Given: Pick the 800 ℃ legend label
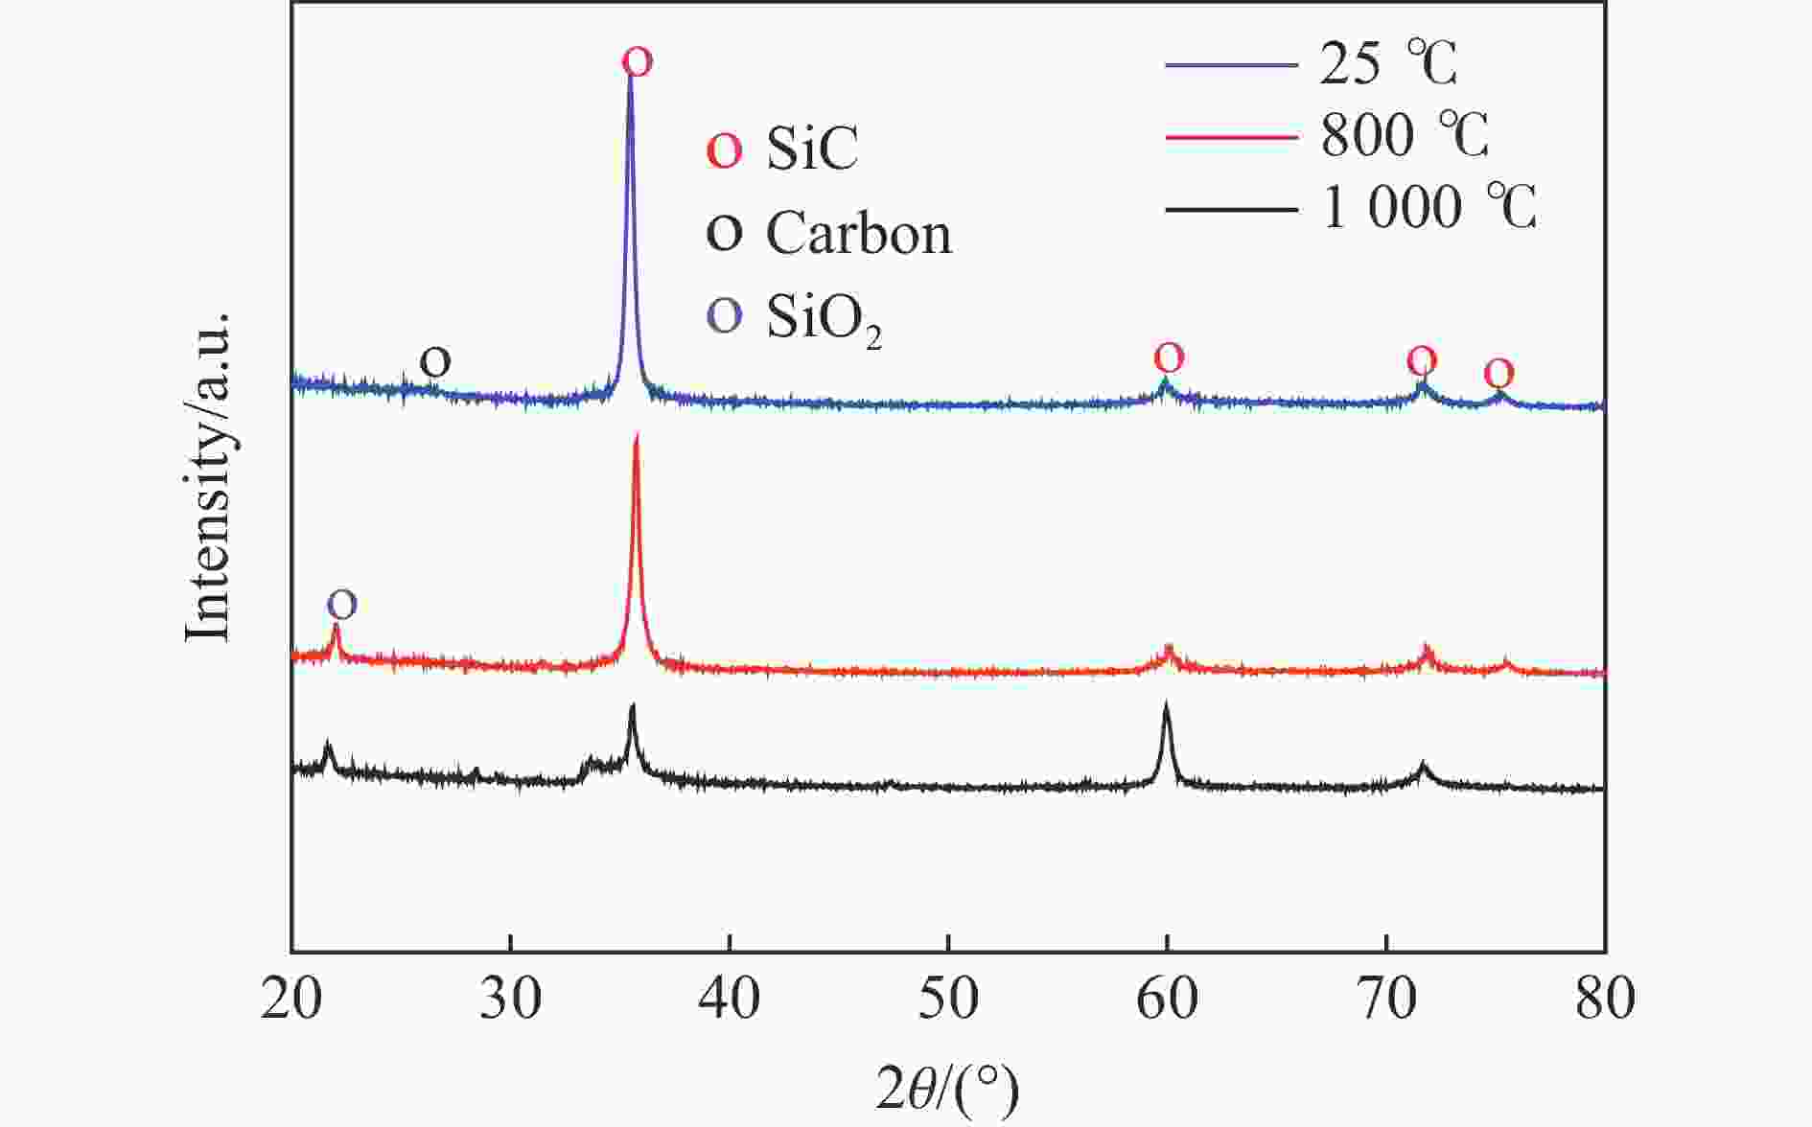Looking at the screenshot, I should point(1404,136).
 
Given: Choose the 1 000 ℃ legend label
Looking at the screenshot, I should point(1429,208).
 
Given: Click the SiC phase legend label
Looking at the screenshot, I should point(811,149).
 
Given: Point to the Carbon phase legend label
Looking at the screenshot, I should point(858,233).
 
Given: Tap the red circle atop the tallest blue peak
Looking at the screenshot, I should point(637,62).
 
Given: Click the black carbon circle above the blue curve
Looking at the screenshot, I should point(434,362).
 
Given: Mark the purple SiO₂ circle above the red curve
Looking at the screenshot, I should point(342,604).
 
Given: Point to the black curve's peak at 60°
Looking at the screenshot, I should point(1166,706).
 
